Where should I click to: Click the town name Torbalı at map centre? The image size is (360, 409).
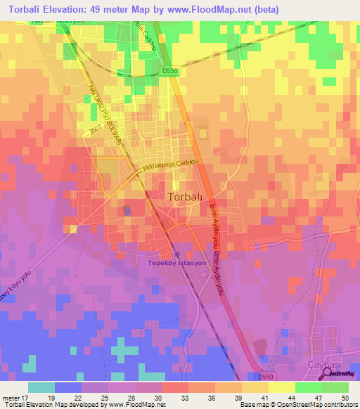pos(186,197)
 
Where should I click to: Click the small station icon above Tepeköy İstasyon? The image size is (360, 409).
pos(176,254)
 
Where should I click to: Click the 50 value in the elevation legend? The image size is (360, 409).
pos(345,398)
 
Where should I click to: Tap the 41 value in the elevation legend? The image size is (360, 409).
pos(272,398)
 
